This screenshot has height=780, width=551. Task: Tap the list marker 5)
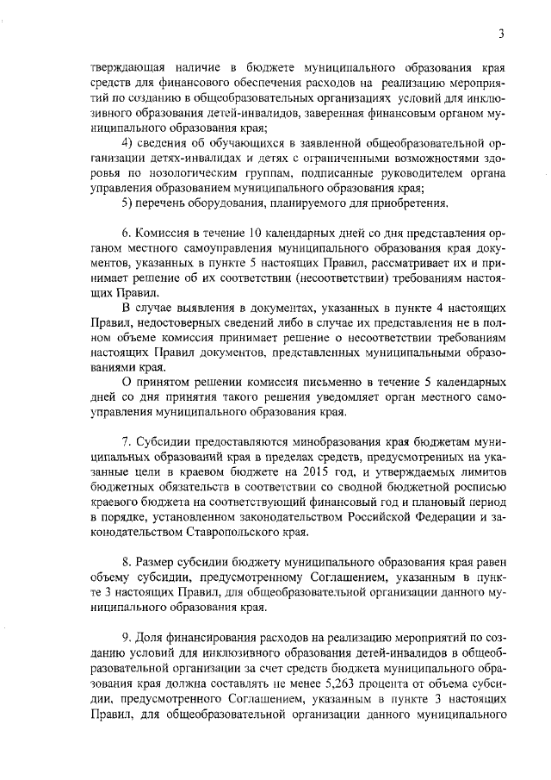click(x=127, y=203)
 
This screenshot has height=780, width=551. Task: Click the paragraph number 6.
click(x=125, y=234)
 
